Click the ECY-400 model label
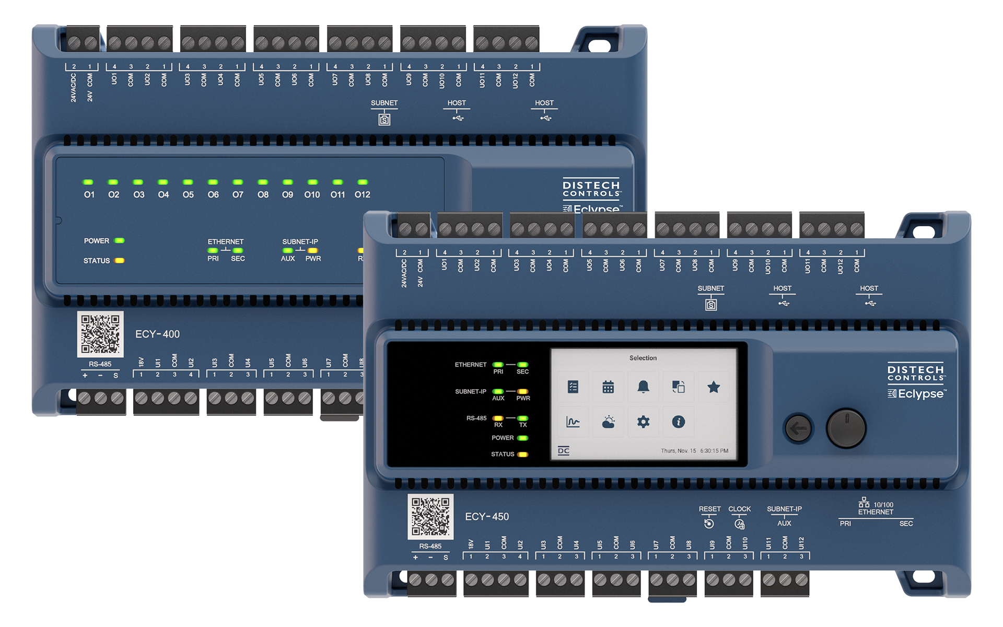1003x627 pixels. pyautogui.click(x=157, y=334)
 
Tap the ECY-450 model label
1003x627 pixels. pyautogui.click(x=486, y=516)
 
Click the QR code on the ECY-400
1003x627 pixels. pyautogui.click(x=100, y=334)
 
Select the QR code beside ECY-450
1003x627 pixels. pyautogui.click(x=430, y=516)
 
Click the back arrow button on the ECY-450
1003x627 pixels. pyautogui.click(x=798, y=429)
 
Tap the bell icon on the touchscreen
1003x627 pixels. pyautogui.click(x=643, y=387)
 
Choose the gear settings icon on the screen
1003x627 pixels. pyautogui.click(x=643, y=422)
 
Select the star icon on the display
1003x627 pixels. pyautogui.click(x=714, y=387)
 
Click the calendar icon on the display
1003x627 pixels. pyautogui.click(x=608, y=387)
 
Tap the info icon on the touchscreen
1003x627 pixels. pyautogui.click(x=678, y=422)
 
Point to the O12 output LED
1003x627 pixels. pyautogui.click(x=363, y=182)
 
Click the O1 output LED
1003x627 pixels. pyautogui.click(x=88, y=182)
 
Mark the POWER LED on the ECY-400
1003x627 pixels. pyautogui.click(x=120, y=241)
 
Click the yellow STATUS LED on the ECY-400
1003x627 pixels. pyautogui.click(x=120, y=260)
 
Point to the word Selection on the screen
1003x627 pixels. pyautogui.click(x=643, y=358)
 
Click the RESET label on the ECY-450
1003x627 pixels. pyautogui.click(x=709, y=509)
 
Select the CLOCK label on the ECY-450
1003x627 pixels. pyautogui.click(x=739, y=509)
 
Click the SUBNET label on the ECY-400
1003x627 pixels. pyautogui.click(x=384, y=103)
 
